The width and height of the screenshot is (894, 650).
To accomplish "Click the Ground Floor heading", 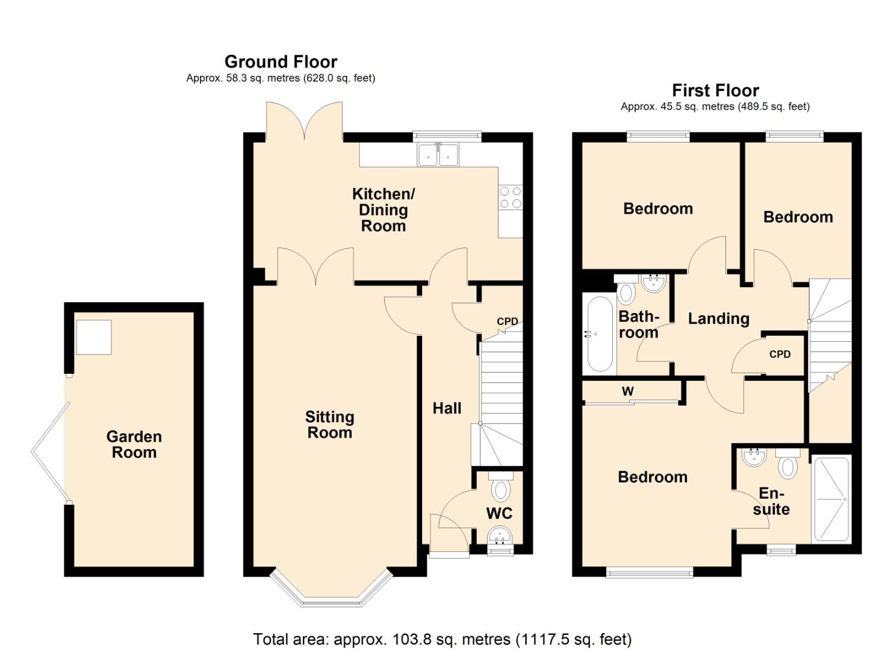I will pyautogui.click(x=281, y=61).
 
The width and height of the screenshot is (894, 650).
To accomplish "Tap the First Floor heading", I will pyautogui.click(x=715, y=90).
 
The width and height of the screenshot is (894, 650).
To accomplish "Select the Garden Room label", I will pyautogui.click(x=134, y=444).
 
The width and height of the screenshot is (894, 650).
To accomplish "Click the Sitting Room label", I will pyautogui.click(x=329, y=424).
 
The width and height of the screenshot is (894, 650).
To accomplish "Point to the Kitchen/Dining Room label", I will pyautogui.click(x=383, y=210).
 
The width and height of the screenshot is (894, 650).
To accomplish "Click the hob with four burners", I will pyautogui.click(x=510, y=197).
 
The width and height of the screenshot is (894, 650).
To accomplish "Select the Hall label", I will pyautogui.click(x=447, y=408).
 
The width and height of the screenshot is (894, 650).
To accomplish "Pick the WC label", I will pyautogui.click(x=499, y=513).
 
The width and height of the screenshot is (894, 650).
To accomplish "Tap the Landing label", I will pyautogui.click(x=718, y=318).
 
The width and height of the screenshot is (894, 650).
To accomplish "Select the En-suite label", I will pyautogui.click(x=771, y=501).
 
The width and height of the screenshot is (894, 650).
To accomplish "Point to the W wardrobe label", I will pyautogui.click(x=627, y=391).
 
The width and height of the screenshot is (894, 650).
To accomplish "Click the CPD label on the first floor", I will pyautogui.click(x=780, y=354).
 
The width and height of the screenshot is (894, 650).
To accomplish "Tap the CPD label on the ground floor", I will pyautogui.click(x=507, y=321).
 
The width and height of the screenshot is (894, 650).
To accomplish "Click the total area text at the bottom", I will pyautogui.click(x=442, y=639).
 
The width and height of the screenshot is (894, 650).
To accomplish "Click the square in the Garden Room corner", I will pyautogui.click(x=93, y=337).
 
